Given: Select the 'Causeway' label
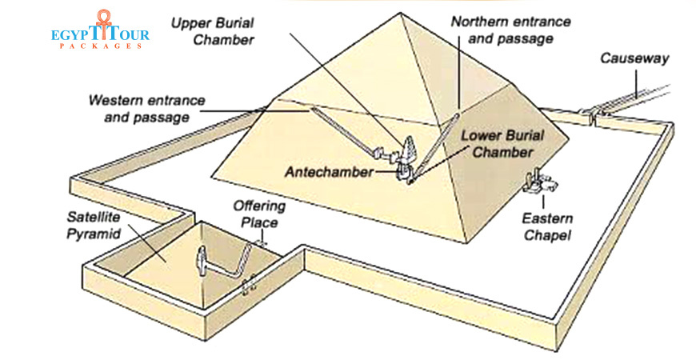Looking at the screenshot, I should click(635, 59).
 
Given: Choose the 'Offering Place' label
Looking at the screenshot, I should click(259, 214).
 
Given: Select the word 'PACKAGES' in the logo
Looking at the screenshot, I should click(102, 47).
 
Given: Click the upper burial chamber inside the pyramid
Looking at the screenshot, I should click(409, 149).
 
